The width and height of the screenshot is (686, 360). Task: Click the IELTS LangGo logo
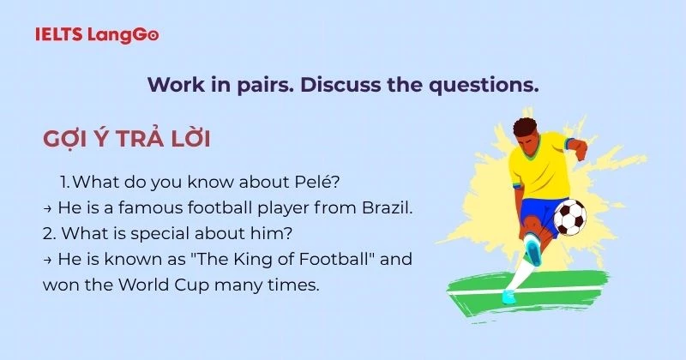97,34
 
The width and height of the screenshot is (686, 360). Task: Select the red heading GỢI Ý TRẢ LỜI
126,139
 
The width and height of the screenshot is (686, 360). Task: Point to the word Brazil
388,207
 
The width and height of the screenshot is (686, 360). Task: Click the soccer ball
570,217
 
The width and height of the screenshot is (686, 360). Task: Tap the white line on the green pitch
523,291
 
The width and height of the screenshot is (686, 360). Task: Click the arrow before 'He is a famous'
48,208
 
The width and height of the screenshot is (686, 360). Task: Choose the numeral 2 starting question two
48,234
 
